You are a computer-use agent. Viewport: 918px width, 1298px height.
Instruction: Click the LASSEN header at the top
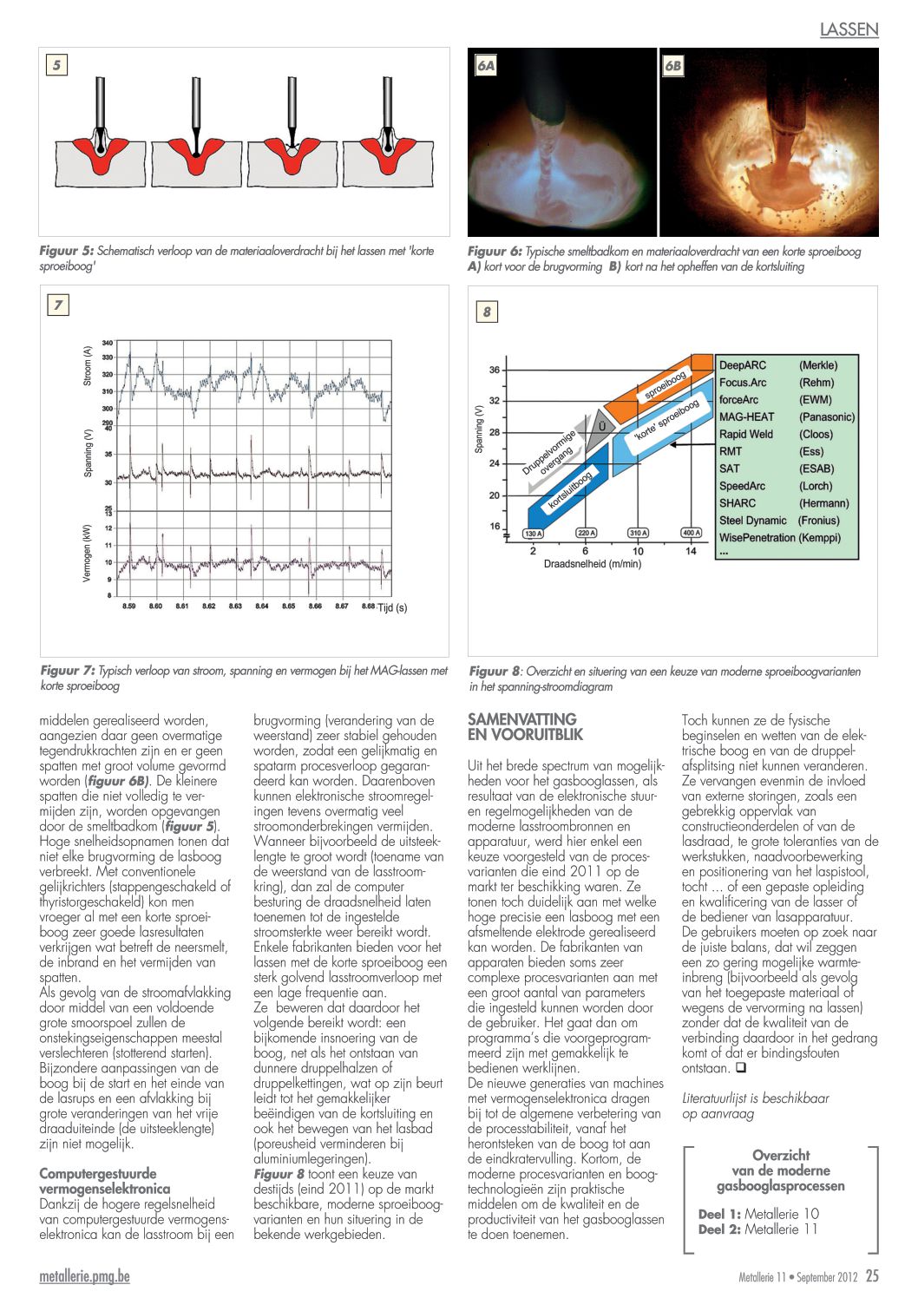point(849,29)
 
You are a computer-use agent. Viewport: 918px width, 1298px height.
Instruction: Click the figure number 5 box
point(57,65)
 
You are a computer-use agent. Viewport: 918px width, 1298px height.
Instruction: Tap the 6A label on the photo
point(486,66)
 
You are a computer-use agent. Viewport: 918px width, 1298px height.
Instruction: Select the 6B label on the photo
point(673,66)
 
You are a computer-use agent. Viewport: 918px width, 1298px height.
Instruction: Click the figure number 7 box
point(58,305)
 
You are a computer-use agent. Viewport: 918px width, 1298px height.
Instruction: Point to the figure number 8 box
point(487,312)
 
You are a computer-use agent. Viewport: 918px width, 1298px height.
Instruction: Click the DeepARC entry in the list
point(743,365)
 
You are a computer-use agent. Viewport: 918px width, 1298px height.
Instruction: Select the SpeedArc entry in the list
point(742,486)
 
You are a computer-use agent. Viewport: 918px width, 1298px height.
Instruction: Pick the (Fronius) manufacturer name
point(819,521)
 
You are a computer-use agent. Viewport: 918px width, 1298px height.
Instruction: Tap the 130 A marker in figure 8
point(533,534)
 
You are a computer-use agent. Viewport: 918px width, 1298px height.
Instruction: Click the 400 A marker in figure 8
point(691,533)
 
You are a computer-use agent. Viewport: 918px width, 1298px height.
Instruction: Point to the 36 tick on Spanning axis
point(495,370)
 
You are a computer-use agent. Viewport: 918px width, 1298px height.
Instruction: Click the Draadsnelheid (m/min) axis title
point(593,564)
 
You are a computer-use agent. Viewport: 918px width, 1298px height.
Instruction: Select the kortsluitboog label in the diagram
point(570,490)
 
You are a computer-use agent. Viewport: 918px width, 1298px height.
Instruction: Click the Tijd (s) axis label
point(392,607)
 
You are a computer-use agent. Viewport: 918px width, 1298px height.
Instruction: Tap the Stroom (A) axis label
point(88,365)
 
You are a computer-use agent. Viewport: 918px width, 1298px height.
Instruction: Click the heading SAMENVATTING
point(521,719)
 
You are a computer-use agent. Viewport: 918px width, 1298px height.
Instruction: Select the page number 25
point(872,1276)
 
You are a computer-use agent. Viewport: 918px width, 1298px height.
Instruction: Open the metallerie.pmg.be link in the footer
point(84,1276)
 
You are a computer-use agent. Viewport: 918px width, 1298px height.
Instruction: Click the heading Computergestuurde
point(98,1173)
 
